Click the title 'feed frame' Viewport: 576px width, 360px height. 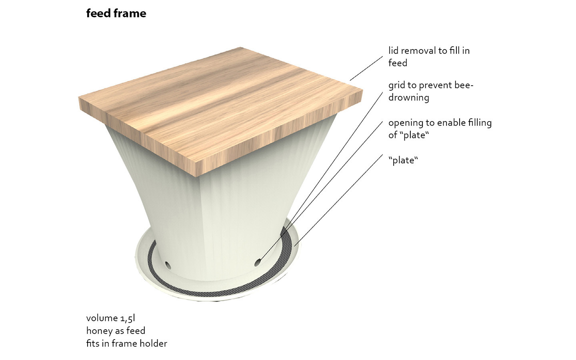116,14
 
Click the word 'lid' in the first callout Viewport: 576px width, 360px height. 393,51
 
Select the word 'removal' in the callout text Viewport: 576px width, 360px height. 418,51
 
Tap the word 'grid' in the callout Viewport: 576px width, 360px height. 396,86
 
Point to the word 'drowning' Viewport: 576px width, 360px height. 408,98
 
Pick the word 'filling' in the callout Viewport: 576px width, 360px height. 480,123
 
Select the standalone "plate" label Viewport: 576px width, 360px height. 403,160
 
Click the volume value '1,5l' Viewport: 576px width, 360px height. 128,318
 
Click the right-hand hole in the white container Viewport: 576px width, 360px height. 258,262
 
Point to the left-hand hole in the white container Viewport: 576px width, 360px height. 167,264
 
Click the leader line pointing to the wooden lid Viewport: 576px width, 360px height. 366,68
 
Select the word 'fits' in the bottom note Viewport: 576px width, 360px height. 92,344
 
